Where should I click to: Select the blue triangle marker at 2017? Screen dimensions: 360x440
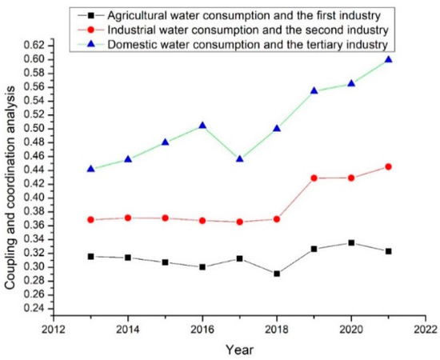[239, 158]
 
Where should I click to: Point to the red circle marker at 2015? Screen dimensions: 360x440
[165, 218]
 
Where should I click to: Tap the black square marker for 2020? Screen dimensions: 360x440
[351, 242]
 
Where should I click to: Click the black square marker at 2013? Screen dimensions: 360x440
[90, 256]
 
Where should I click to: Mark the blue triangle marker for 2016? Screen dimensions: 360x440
[202, 125]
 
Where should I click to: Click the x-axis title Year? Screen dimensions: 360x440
[239, 349]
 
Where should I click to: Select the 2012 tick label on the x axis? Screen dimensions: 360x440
[54, 328]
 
